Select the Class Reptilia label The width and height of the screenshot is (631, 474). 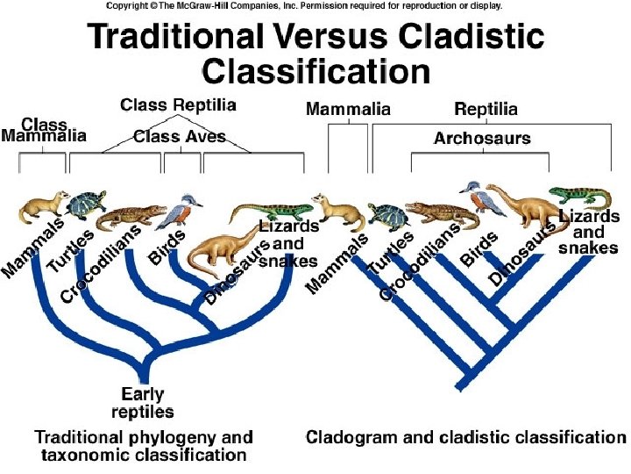tap(178, 105)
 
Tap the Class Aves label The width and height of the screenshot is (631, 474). tap(180, 136)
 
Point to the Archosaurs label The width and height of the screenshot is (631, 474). tap(482, 138)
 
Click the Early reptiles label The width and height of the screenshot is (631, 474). tap(143, 403)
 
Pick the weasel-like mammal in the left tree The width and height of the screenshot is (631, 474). tap(44, 208)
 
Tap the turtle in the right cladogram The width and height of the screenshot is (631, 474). tap(386, 216)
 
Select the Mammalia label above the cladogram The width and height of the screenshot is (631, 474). tap(348, 110)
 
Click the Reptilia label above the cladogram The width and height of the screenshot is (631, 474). tap(486, 110)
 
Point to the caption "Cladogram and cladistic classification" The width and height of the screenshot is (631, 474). tap(465, 437)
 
